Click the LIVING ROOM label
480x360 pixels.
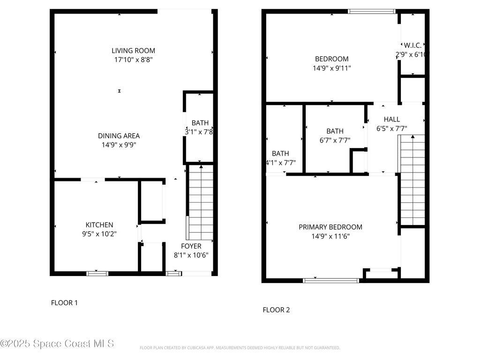(133, 51)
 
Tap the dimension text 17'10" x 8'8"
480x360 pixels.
(133, 60)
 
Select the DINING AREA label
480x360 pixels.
(119, 136)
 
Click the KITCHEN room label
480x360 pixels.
(99, 225)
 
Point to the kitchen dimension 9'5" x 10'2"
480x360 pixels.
(99, 233)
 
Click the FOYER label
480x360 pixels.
(191, 246)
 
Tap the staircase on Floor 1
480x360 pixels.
(201, 202)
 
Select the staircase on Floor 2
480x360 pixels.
(412, 180)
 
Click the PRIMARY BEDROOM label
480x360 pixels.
(330, 227)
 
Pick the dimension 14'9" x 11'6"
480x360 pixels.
(330, 236)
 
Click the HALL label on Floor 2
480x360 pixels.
(392, 119)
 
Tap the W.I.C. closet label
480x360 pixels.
(412, 45)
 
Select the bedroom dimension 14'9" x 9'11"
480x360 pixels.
(332, 68)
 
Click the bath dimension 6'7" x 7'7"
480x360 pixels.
(335, 140)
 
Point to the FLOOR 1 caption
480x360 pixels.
(64, 303)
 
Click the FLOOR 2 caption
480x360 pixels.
(276, 310)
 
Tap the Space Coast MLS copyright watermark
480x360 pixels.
(57, 344)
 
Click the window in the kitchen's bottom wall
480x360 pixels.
(97, 273)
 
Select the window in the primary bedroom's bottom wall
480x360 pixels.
(331, 280)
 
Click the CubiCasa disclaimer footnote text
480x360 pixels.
(240, 348)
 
